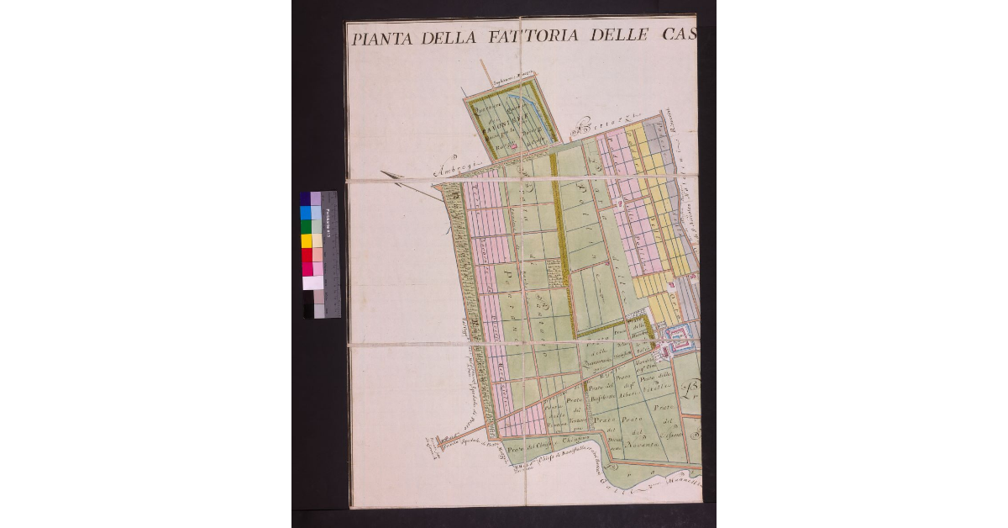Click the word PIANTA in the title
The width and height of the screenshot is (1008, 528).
click(379, 37)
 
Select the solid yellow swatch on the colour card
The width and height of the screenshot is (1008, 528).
click(306, 241)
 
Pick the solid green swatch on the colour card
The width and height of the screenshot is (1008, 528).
click(306, 227)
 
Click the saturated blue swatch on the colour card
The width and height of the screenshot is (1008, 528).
click(306, 213)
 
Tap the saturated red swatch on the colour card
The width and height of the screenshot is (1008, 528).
click(306, 255)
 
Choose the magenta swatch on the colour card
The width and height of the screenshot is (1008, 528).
click(306, 269)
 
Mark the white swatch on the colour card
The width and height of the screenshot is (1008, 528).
click(306, 283)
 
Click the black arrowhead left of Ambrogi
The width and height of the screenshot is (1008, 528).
click(388, 174)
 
